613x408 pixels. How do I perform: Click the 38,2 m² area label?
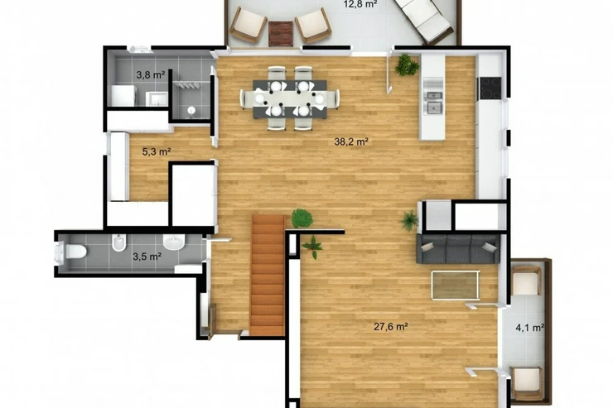pos(351,142)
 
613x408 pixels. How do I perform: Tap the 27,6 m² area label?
pos(391,326)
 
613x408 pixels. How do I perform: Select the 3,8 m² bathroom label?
pos(151,74)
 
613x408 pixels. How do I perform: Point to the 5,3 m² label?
pos(157,151)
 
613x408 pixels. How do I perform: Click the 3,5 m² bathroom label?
pos(147,257)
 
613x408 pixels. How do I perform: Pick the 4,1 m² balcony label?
pos(530,328)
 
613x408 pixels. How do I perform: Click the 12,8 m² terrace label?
pos(360,4)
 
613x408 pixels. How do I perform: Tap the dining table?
pos(290,99)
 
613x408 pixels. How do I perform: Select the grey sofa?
pos(458,248)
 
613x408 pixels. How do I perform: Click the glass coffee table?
pos(456,285)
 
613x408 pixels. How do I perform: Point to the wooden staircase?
pos(268,275)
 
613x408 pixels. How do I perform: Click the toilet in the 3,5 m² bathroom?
pos(71,252)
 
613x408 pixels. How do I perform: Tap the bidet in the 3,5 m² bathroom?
pos(118,242)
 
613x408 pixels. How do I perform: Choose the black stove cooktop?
pos(490,88)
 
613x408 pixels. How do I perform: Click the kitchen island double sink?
pos(434,103)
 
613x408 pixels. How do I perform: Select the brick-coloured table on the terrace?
pos(281,34)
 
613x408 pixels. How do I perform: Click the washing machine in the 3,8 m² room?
pos(124,96)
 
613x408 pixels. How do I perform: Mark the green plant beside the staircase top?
pos(302,218)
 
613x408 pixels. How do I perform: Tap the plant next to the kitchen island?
pos(407,65)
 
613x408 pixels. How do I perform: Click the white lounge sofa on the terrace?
pos(423,19)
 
